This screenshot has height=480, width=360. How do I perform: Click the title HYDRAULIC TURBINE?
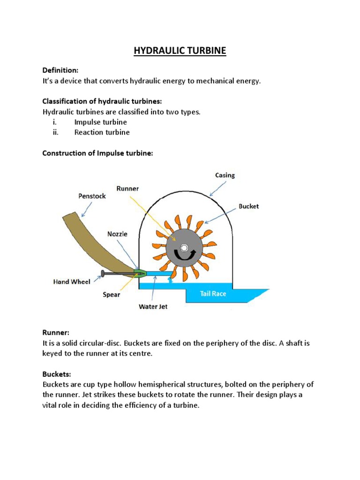[x=180, y=51]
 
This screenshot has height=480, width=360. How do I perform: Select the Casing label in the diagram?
[x=225, y=175]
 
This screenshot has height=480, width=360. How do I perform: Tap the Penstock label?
[x=92, y=196]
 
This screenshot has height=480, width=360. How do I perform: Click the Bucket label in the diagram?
[x=248, y=206]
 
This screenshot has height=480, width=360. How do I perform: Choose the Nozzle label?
[x=117, y=233]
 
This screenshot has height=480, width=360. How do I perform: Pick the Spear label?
[x=111, y=295]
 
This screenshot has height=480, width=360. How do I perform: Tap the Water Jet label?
[x=153, y=307]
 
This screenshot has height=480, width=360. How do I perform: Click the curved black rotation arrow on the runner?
[x=184, y=256]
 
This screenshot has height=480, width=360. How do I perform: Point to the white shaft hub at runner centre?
[x=184, y=247]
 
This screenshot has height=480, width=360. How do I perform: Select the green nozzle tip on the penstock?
[x=140, y=272]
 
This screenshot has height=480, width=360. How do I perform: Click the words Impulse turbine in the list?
[x=100, y=122]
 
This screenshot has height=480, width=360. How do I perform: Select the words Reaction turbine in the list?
[x=102, y=132]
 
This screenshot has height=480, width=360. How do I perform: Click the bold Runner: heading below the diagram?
[x=56, y=333]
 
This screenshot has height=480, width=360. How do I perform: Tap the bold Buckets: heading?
[x=57, y=374]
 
